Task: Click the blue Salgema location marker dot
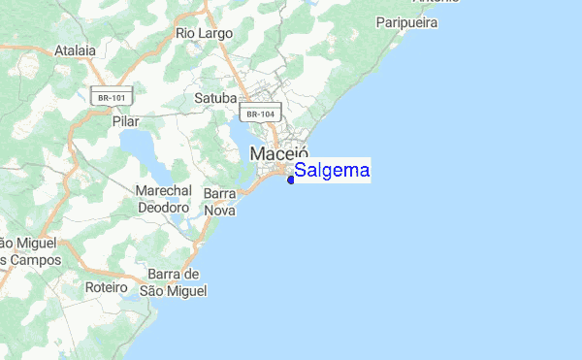pos(291,179)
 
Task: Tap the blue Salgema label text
pos(332,171)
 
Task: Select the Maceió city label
pos(278,154)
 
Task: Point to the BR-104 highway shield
pos(261,114)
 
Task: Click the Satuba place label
pos(215,98)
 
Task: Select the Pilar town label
pos(126,121)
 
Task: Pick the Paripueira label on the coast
pos(406,21)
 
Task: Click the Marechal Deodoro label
pos(163,199)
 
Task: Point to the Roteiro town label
pos(107,288)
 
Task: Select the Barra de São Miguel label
pos(175,281)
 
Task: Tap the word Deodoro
pos(163,208)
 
